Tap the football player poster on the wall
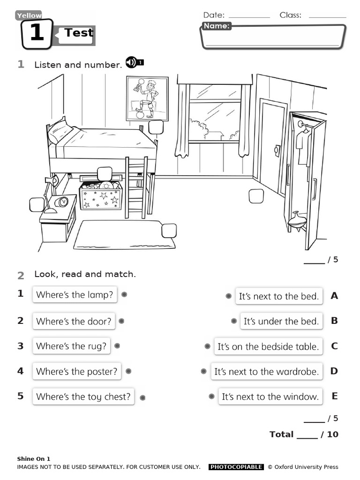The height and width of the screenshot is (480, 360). coord(147,98)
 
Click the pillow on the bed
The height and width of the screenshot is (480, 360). coord(60,131)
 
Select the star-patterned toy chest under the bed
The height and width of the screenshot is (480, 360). coord(100,196)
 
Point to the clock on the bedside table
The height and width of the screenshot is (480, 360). coord(62,202)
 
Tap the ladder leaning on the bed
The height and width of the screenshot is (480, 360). coord(136,187)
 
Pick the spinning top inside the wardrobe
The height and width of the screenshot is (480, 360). coord(297,219)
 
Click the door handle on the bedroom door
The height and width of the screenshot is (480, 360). coord(277,150)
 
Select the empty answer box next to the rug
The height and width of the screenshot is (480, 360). coord(169,231)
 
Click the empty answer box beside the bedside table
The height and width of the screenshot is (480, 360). coord(37,205)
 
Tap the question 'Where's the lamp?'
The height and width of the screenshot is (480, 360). coord(75,295)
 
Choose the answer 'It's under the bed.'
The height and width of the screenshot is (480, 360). coord(281,321)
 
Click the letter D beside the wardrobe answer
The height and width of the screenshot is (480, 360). coord(334,371)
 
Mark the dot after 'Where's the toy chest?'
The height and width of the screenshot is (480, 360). coord(142,397)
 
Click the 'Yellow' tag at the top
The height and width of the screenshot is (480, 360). coord(29,15)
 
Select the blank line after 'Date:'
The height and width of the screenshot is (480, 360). coord(249,15)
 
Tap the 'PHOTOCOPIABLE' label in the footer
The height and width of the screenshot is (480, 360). coord(236,467)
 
